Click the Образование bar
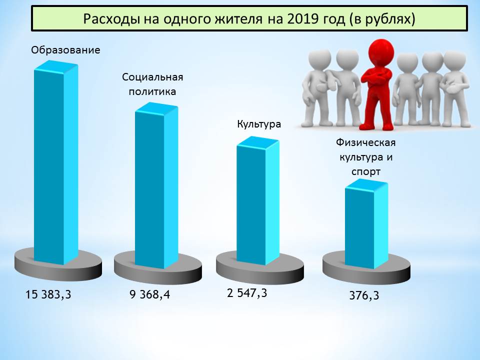click(55, 162)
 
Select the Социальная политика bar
click(156, 185)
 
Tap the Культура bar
click(258, 200)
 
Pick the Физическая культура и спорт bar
click(366, 224)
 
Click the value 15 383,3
click(48, 294)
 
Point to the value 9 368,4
click(149, 294)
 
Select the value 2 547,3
click(247, 293)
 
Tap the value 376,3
click(364, 295)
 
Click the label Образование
click(65, 50)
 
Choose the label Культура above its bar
click(259, 124)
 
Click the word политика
click(152, 91)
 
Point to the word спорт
click(366, 171)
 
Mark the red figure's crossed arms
click(377, 76)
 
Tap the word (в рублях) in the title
click(381, 19)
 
